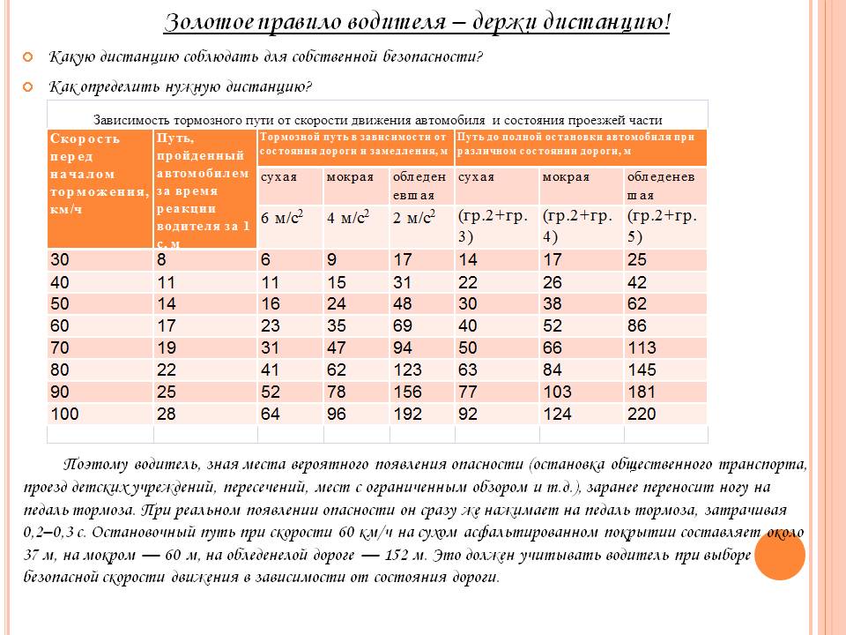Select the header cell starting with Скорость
(100, 188)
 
